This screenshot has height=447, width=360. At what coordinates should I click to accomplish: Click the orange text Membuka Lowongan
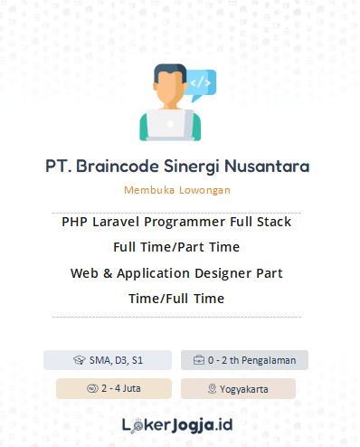(x=177, y=190)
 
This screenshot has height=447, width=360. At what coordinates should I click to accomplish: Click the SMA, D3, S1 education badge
(x=108, y=360)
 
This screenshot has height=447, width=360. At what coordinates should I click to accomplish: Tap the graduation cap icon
(x=80, y=360)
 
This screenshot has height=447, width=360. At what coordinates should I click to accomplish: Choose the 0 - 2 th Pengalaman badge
(x=244, y=360)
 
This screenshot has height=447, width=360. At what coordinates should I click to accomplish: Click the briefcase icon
(x=199, y=360)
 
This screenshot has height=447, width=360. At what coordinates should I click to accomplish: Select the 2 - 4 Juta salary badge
(x=113, y=388)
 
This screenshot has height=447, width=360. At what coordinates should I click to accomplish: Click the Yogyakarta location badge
(x=238, y=388)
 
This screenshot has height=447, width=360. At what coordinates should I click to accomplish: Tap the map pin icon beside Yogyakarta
(x=213, y=388)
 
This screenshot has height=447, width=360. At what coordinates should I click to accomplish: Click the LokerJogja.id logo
(x=177, y=423)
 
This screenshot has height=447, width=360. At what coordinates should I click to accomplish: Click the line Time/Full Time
(x=176, y=298)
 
